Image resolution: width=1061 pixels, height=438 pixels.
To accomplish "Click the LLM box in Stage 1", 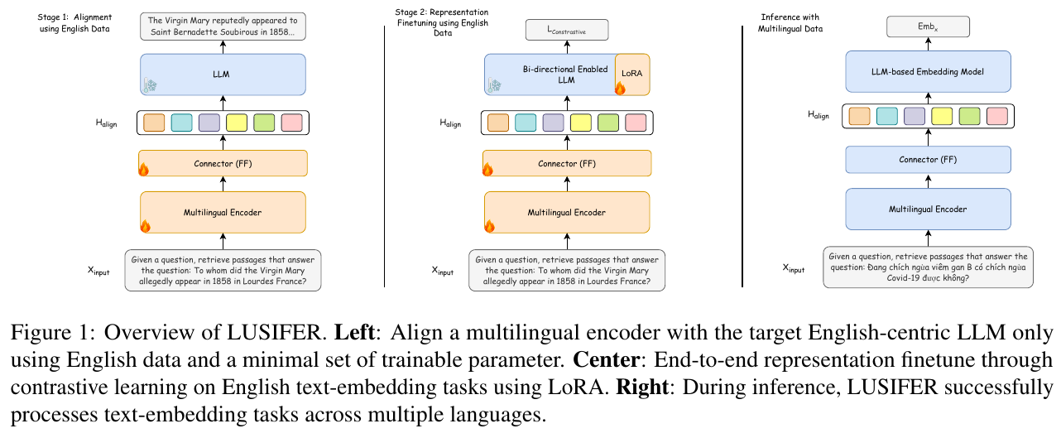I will (x=223, y=75).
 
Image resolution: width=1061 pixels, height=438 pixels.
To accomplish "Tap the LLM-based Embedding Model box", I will (x=927, y=72).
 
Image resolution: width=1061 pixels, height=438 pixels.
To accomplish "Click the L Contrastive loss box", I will (x=567, y=31).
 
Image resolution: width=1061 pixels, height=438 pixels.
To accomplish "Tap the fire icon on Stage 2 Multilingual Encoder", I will (x=487, y=225).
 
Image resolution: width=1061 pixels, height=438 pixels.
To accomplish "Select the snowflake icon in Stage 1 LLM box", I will (x=151, y=85).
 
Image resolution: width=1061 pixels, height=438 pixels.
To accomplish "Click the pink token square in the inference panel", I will (x=996, y=117).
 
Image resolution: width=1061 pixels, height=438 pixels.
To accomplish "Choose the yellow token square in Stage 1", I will (x=237, y=123).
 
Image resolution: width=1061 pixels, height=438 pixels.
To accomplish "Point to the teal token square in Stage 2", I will (x=526, y=123).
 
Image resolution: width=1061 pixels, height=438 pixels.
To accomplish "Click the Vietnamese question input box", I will (x=927, y=267).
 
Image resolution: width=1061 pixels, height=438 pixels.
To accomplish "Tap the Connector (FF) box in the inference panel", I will (x=927, y=160).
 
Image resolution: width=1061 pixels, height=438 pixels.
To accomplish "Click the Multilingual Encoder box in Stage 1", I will (x=223, y=213).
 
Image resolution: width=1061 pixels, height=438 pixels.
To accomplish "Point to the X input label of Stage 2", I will (x=444, y=270).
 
